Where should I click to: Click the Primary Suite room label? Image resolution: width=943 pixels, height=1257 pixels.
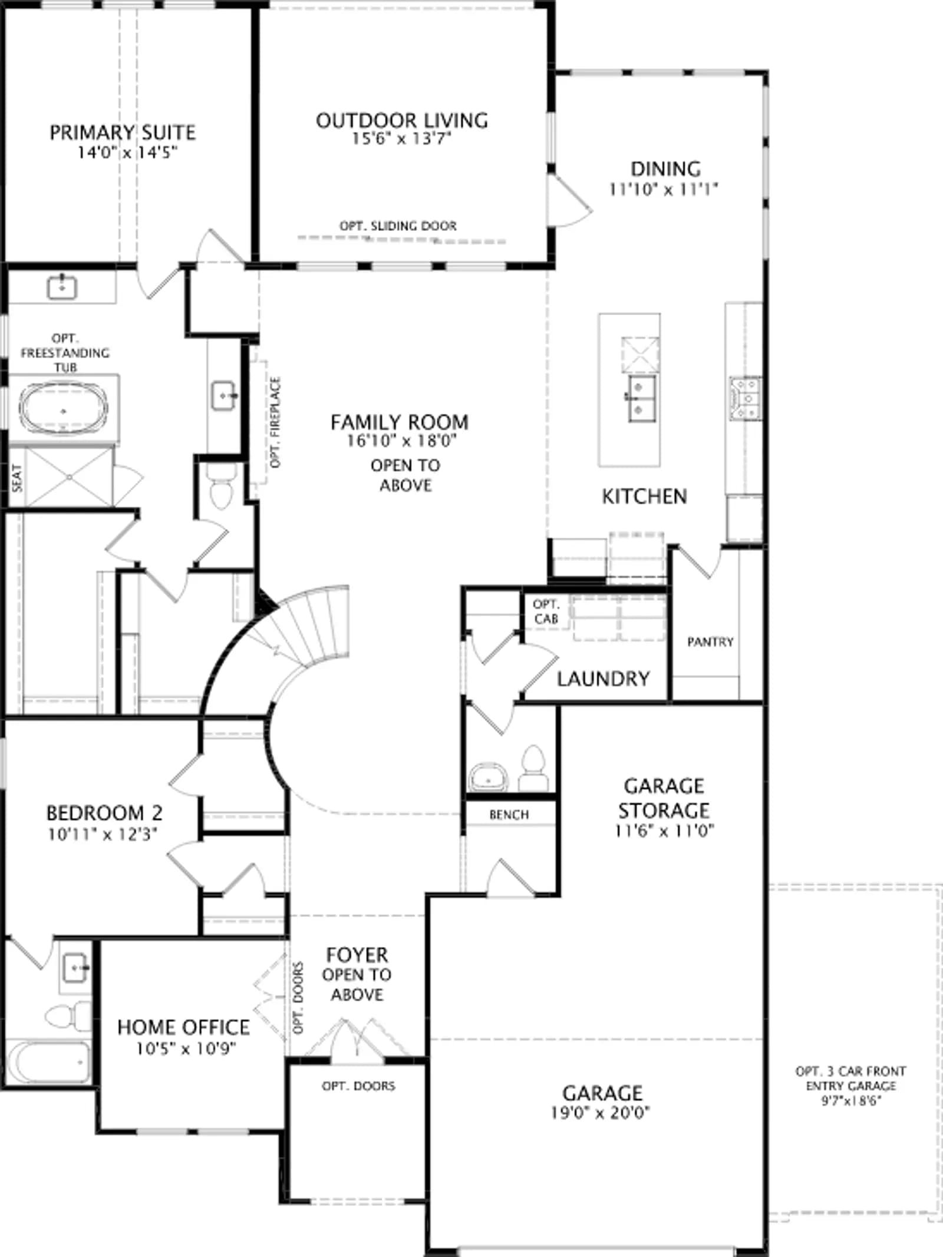[x=123, y=133]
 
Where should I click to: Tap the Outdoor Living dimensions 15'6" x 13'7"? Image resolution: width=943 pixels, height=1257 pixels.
[x=401, y=139]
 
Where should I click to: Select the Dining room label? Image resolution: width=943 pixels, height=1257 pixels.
[x=666, y=169]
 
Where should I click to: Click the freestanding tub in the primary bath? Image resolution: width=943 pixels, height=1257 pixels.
[x=64, y=408]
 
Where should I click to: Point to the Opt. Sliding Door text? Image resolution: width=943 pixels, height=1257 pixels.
[x=398, y=226]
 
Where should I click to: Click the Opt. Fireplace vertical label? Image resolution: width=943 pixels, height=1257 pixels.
[x=275, y=422]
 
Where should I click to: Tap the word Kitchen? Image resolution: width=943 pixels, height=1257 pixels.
[x=644, y=497]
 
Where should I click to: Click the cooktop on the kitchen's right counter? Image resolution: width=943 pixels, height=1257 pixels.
[x=744, y=399]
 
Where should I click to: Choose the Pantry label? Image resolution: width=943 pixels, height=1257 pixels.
[x=710, y=641]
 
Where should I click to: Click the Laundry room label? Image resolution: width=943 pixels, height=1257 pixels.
[x=603, y=679]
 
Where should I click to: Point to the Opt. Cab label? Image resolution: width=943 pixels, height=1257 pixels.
[x=546, y=611]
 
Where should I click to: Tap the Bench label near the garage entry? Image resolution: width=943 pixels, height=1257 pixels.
[x=509, y=815]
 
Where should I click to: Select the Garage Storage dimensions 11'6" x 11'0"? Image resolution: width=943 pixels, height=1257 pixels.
[x=664, y=831]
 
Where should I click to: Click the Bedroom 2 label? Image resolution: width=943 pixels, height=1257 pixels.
[x=104, y=813]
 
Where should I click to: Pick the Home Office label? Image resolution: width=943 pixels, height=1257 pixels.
[x=183, y=1027]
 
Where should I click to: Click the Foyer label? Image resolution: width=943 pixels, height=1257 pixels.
[x=357, y=955]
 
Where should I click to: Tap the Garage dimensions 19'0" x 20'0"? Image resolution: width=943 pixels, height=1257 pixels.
[x=601, y=1113]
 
